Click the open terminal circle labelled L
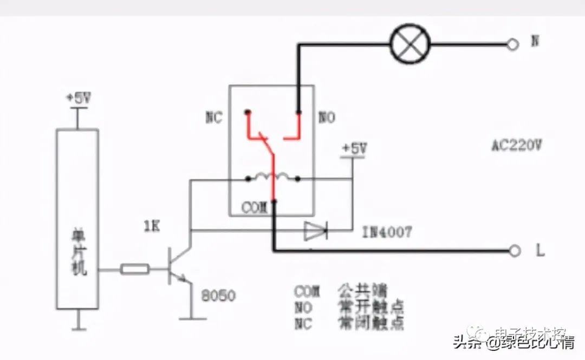pos(515,251)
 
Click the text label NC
pos(214,118)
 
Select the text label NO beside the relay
pos(327,117)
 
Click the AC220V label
pos(517,145)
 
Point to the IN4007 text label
pos(387,232)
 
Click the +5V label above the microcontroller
pos(79,99)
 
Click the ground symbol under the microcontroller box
pos(79,326)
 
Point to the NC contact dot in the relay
pos(248,113)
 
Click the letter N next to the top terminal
pos(535,41)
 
